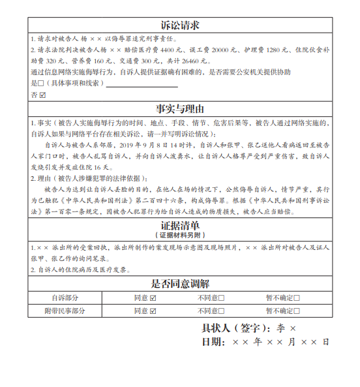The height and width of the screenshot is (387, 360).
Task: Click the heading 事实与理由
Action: (x=179, y=109)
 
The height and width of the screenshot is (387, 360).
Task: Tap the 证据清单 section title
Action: (x=179, y=226)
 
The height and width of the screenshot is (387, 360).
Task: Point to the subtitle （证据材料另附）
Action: (x=179, y=235)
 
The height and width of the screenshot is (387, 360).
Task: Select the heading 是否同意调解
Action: (x=179, y=284)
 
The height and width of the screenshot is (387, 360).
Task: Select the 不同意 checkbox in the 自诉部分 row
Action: (x=220, y=298)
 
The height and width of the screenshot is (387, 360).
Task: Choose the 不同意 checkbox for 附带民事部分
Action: (x=220, y=311)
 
